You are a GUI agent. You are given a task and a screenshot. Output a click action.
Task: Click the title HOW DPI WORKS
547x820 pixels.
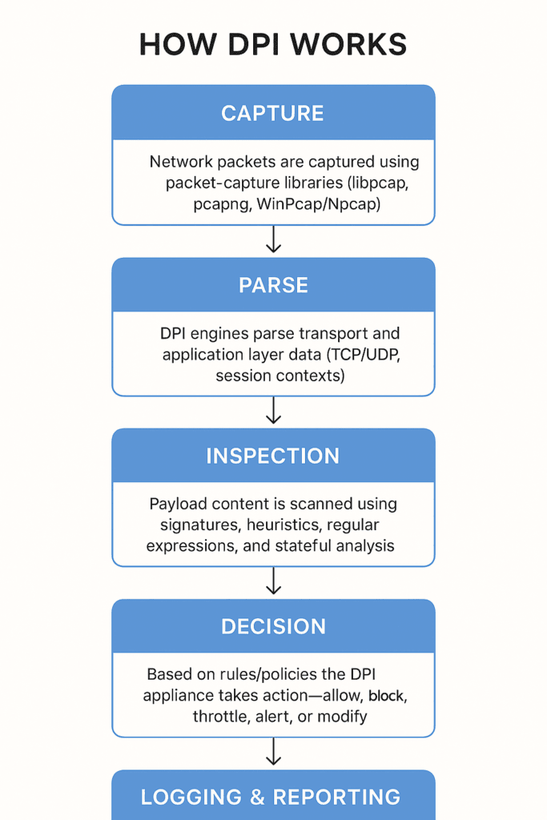pos(273,44)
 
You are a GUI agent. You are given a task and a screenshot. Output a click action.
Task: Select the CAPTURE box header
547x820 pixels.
pos(273,113)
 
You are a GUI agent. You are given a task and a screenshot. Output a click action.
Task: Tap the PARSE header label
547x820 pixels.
pos(273,285)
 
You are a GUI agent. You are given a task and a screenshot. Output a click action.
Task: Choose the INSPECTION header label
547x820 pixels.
pos(273,456)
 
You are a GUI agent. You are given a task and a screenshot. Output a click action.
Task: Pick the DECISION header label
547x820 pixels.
pos(273,626)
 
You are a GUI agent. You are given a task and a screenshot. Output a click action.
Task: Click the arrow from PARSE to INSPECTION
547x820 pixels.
pos(274,411)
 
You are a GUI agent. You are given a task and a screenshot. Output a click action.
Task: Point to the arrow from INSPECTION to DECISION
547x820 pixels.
pos(274,581)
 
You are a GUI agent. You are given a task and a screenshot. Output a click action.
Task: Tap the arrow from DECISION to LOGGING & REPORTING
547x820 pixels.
pos(274,752)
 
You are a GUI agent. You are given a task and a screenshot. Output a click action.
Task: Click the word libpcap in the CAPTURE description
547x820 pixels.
pos(385,183)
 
